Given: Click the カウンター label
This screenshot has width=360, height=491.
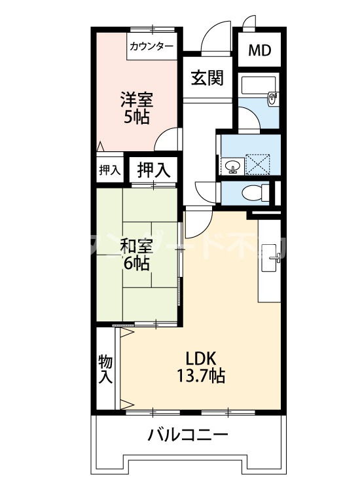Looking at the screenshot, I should pyautogui.click(x=152, y=46).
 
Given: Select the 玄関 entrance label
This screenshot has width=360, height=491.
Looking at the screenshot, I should pyautogui.click(x=207, y=79).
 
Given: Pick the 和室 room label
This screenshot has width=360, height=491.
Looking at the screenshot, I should pyautogui.click(x=137, y=247).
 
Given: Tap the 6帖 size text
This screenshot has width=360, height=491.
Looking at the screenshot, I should pyautogui.click(x=136, y=264).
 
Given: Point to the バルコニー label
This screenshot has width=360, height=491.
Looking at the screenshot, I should pyautogui.click(x=187, y=435).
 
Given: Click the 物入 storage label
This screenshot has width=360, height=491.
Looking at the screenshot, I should pyautogui.click(x=105, y=369).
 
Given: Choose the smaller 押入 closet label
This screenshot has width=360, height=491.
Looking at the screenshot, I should pyautogui.click(x=109, y=170).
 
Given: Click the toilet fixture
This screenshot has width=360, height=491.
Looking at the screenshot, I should pyautogui.click(x=257, y=192).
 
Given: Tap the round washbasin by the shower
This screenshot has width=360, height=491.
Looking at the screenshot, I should pyautogui.click(x=232, y=166).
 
